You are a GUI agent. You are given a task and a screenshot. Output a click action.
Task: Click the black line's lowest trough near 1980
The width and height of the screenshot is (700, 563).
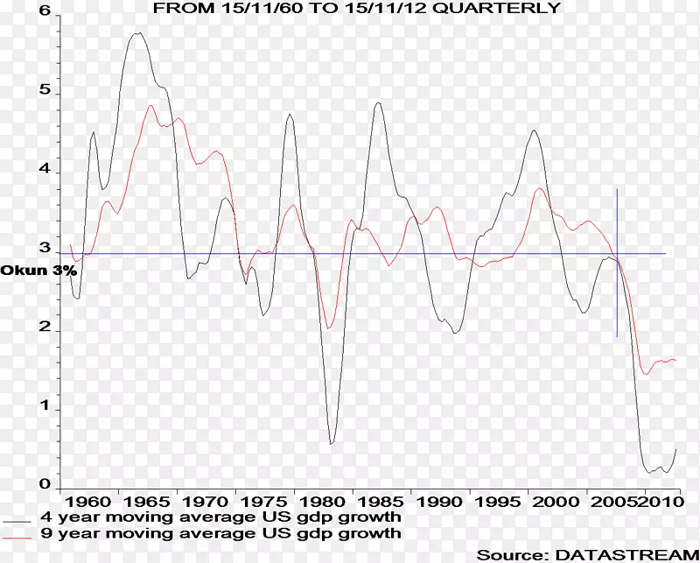point(331,444)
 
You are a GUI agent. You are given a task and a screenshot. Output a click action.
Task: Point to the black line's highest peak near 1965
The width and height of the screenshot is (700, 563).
point(137,33)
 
